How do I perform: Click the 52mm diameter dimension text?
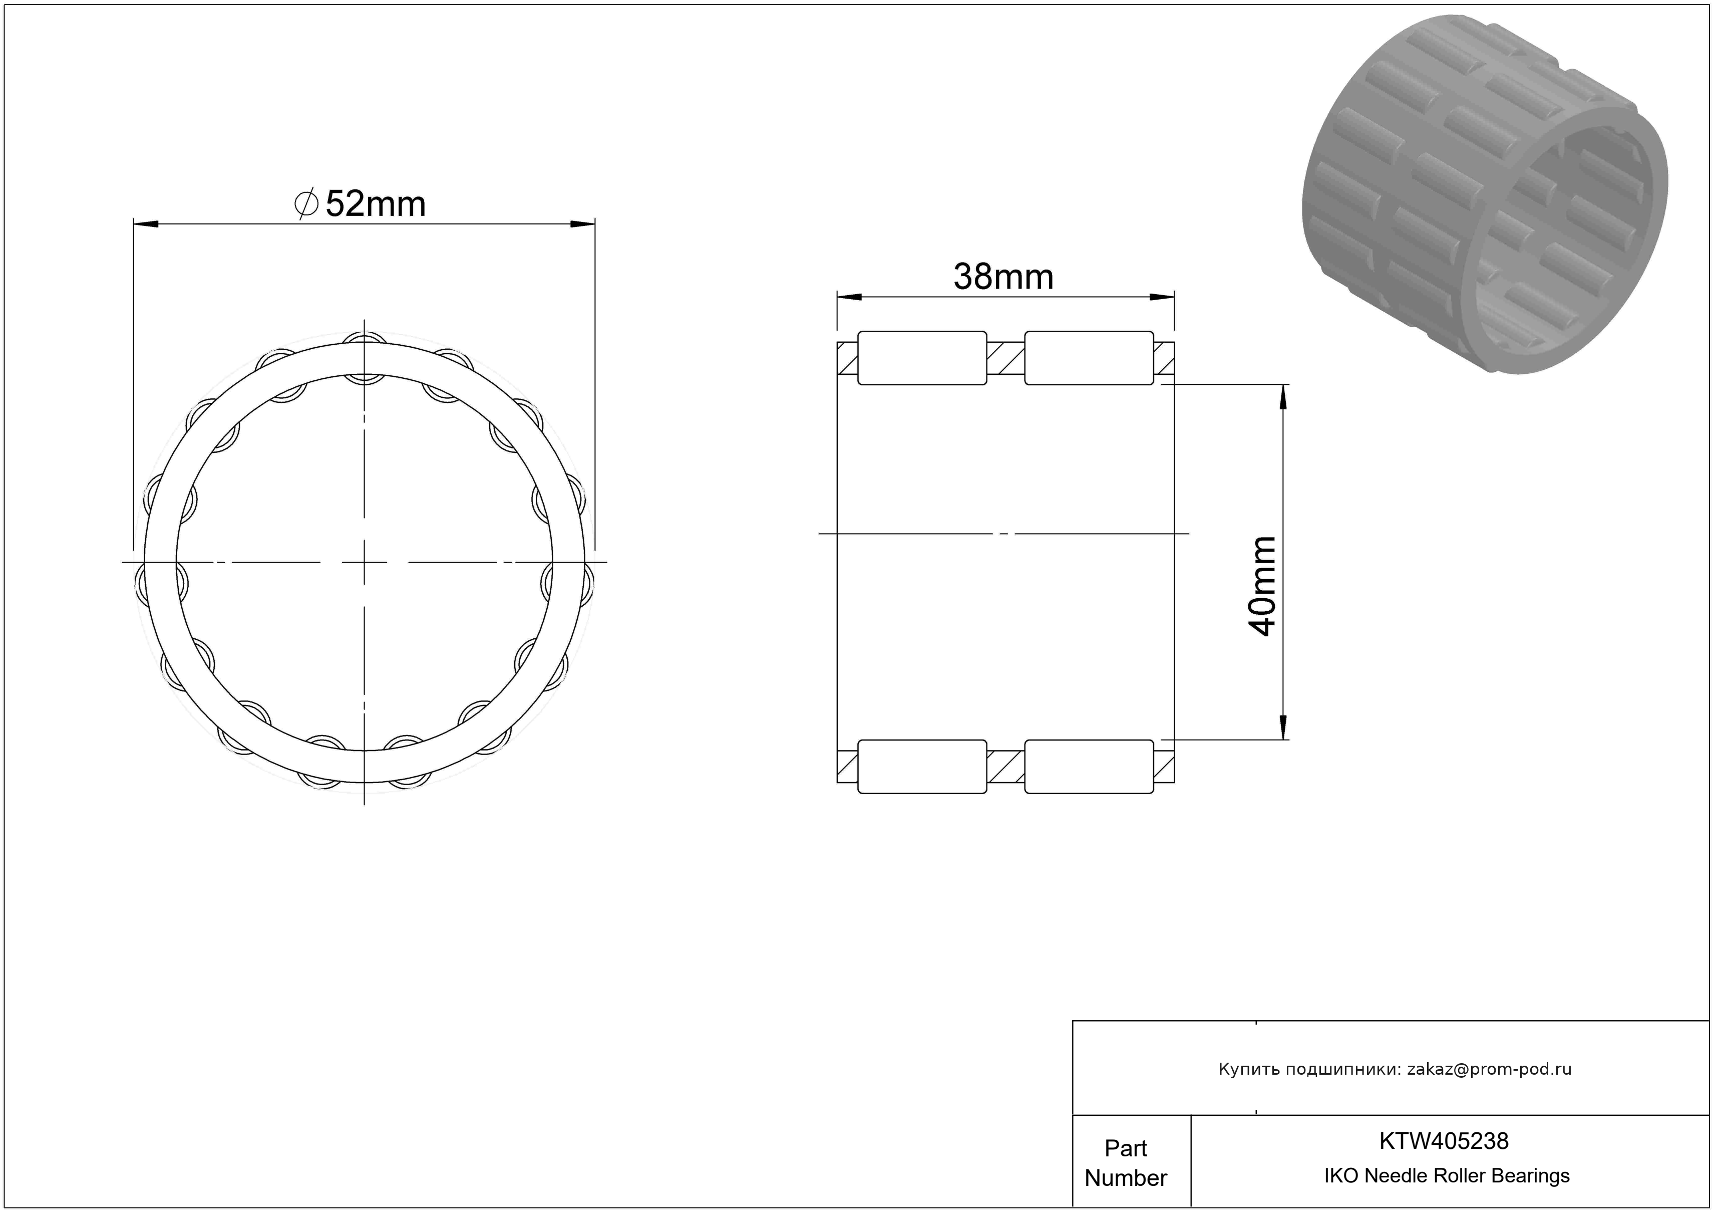click(x=376, y=204)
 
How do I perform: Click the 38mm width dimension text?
click(x=1003, y=277)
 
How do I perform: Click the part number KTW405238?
click(x=1444, y=1140)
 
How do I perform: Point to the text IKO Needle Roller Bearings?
click(x=1447, y=1175)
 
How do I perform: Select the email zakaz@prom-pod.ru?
click(x=1489, y=1069)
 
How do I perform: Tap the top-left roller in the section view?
click(x=922, y=358)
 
